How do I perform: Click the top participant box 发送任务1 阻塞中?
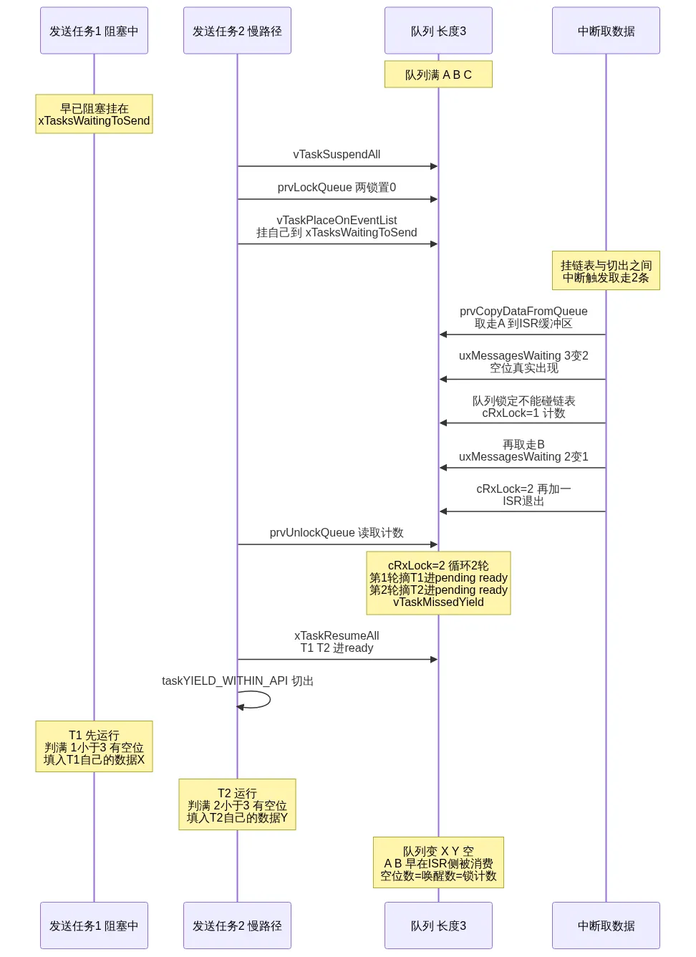[x=94, y=30]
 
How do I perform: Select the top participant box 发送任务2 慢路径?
[x=237, y=30]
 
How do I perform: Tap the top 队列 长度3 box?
[x=438, y=30]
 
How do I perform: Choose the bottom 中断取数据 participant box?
[x=606, y=925]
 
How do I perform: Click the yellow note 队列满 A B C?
[x=438, y=74]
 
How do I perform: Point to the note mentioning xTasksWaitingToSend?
[x=94, y=114]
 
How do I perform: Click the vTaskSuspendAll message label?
[x=337, y=154]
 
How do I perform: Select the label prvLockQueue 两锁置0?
[x=337, y=187]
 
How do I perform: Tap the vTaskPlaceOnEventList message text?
[x=337, y=226]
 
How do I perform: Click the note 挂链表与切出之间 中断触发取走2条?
[x=606, y=271]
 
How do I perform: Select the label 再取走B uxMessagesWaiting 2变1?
[x=523, y=451]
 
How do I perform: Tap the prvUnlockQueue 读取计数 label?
[x=337, y=532]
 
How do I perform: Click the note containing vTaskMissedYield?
[x=438, y=583]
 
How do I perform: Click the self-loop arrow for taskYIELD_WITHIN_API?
[x=270, y=699]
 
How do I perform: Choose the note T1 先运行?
[x=94, y=746]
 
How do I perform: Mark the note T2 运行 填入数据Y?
[x=237, y=804]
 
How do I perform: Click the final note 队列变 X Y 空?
[x=438, y=862]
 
